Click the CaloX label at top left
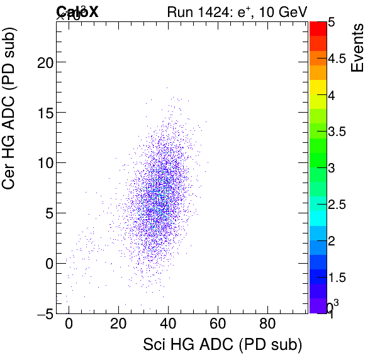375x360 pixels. click(77, 12)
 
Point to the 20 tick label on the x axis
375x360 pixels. click(118, 325)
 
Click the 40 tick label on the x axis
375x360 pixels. click(167, 325)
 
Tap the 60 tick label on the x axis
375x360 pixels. click(218, 325)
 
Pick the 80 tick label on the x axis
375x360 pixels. click(267, 325)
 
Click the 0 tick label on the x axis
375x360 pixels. click(69, 325)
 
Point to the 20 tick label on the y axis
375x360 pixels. click(42, 62)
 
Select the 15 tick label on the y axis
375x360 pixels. click(42, 113)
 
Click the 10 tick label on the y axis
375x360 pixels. click(42, 162)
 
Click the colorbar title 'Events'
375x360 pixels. click(357, 47)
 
